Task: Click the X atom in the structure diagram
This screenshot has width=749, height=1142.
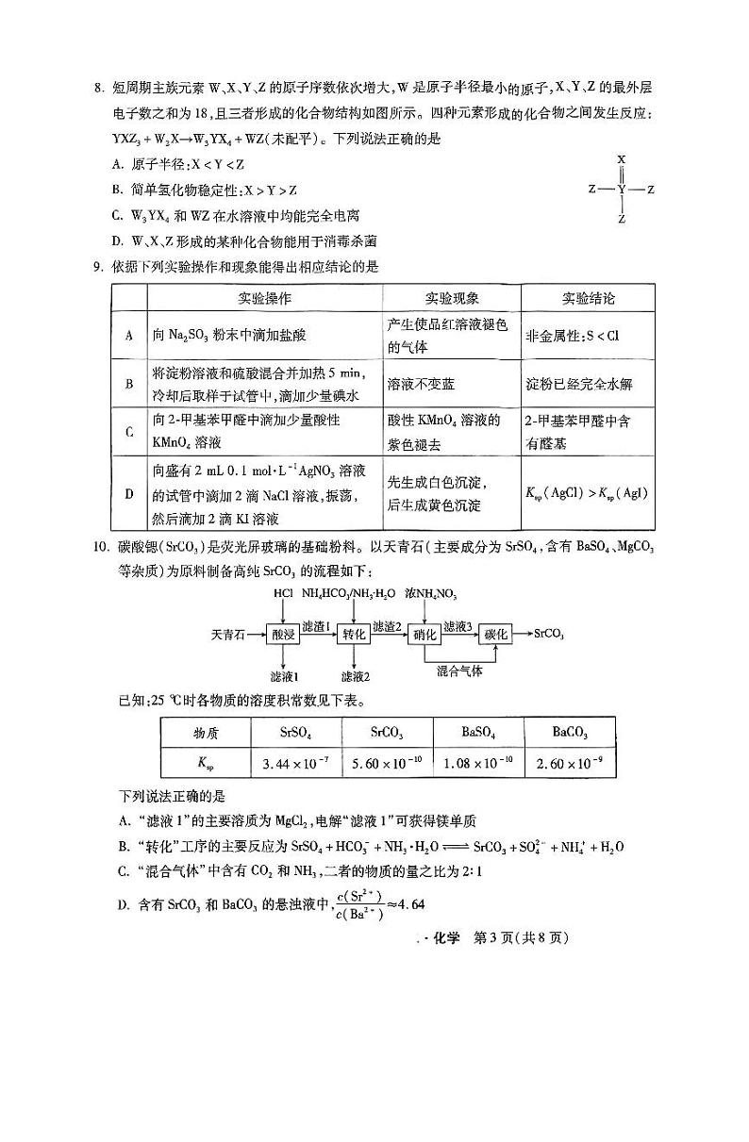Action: (x=622, y=160)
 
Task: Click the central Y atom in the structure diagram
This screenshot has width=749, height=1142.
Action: (x=622, y=190)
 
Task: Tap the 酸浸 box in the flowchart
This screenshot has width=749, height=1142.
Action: (x=283, y=635)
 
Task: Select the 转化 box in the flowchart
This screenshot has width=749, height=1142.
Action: (x=354, y=635)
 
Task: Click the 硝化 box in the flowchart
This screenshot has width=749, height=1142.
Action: (x=425, y=635)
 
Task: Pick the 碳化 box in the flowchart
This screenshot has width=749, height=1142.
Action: (x=497, y=635)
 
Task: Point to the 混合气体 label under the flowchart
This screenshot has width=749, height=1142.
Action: (x=459, y=671)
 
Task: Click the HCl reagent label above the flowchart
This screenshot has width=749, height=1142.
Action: (x=283, y=594)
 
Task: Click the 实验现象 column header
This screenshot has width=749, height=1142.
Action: (x=452, y=298)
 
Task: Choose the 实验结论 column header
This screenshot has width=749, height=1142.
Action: (x=588, y=298)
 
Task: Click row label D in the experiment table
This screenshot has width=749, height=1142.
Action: (x=128, y=492)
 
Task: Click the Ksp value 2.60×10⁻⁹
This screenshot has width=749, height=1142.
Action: (x=571, y=762)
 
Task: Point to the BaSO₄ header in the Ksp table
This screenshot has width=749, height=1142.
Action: (x=479, y=733)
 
